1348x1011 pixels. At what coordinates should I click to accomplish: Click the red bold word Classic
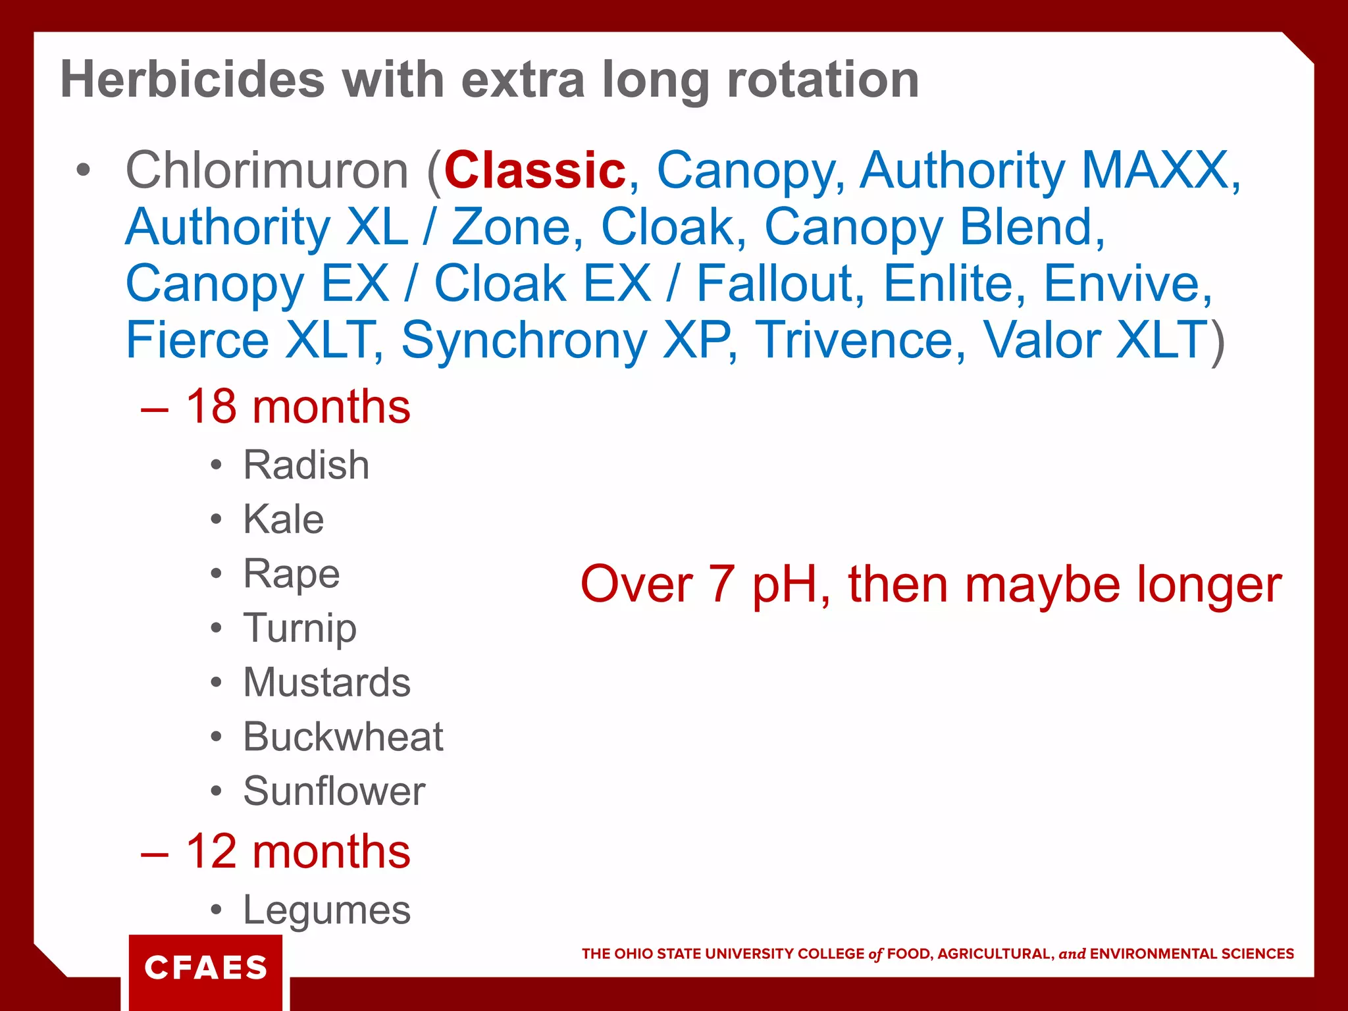(534, 170)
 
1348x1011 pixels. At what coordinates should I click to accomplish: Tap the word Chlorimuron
(267, 170)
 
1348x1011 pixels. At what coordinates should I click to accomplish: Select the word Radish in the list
(306, 465)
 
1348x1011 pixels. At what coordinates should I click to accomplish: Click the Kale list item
(283, 519)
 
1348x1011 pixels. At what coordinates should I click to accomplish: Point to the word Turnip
(299, 628)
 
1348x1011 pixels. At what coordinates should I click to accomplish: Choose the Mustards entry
(326, 682)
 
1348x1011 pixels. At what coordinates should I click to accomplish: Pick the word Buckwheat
(343, 737)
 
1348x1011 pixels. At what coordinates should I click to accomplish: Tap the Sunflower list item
(334, 791)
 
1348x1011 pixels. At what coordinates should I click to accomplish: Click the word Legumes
(326, 910)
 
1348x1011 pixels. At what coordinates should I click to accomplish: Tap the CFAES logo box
(205, 968)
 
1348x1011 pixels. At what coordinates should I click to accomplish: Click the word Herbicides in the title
(192, 80)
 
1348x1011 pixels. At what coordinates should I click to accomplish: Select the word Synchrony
(524, 340)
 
